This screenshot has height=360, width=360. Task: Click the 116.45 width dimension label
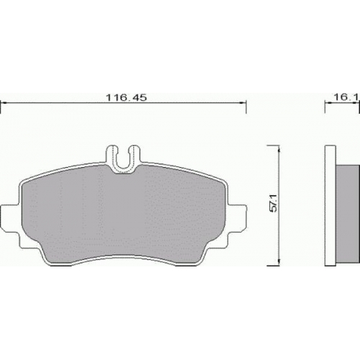pos(126,98)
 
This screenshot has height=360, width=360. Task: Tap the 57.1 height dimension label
pos(274,203)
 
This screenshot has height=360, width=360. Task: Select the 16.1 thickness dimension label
pos(346,97)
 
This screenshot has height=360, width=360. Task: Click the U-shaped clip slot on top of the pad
pos(123,159)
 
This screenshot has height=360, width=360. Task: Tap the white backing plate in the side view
pos(330,205)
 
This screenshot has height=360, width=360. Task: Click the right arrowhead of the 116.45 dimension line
pos(243,103)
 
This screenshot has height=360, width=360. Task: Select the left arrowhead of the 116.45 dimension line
pos(4,104)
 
